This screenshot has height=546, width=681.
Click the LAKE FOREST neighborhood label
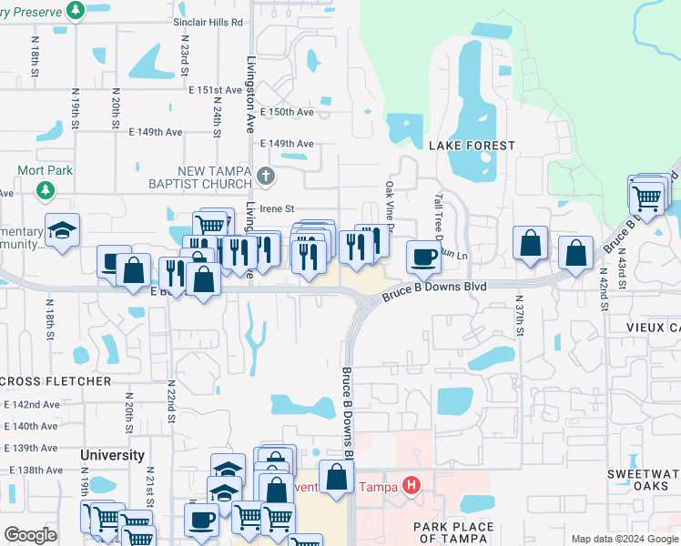pos(471,146)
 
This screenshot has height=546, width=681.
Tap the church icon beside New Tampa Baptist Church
pos(265,176)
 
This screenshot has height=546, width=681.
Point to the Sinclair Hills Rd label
pos(209,20)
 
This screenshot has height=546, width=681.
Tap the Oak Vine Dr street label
pos(389,205)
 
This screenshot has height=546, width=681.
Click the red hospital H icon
pos(411,485)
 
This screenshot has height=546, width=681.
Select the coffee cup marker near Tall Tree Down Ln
pos(422,258)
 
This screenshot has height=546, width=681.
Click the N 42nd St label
pos(604,289)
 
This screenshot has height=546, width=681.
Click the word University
pos(112,455)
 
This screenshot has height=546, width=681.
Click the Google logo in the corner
pos(30,534)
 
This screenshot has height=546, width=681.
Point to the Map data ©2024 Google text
pos(624,539)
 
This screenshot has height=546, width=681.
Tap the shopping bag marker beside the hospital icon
pos(336,477)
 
